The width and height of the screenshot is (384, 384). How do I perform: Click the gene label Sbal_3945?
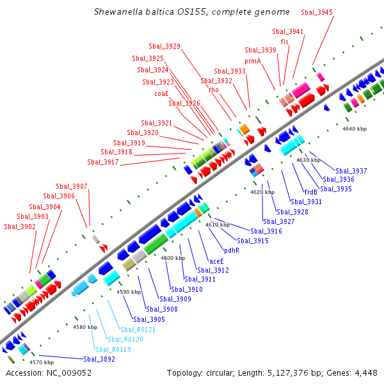(334, 12)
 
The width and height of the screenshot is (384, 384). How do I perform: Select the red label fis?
(285, 42)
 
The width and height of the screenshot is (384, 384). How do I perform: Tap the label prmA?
(253, 61)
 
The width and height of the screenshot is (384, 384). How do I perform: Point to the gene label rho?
(214, 90)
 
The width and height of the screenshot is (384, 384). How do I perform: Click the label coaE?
(161, 93)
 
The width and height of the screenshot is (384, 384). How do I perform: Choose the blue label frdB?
(311, 192)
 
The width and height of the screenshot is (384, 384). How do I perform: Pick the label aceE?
(217, 261)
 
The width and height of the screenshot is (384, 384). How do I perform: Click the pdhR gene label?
(232, 250)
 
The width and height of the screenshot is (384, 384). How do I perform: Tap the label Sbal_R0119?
(113, 349)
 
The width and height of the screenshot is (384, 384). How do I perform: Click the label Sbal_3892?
(99, 359)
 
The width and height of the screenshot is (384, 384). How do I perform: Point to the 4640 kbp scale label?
(355, 129)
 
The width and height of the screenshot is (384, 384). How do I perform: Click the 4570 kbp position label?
(42, 362)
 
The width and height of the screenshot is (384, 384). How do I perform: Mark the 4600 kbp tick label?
(172, 258)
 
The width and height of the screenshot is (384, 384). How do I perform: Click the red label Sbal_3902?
(20, 227)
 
